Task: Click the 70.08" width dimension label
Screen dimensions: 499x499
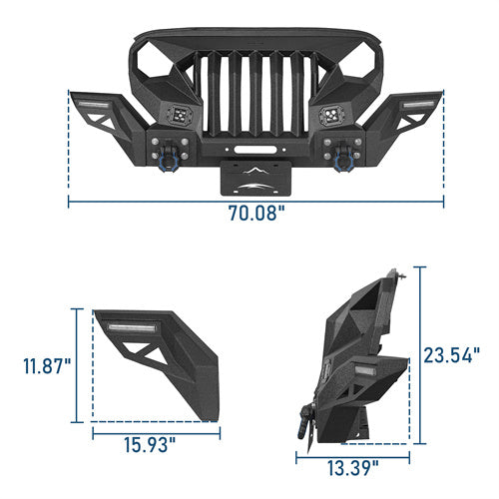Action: [x=255, y=213]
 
